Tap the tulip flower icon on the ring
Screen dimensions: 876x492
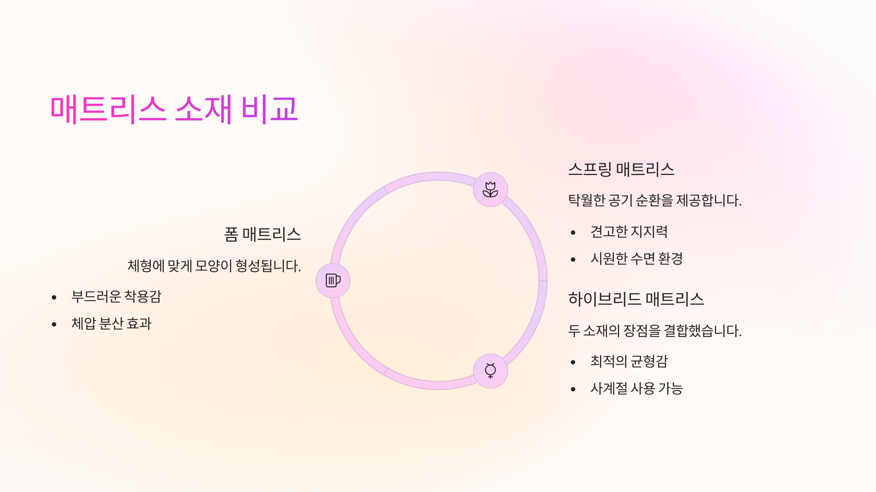click(x=490, y=190)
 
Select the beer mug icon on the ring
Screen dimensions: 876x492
click(x=333, y=280)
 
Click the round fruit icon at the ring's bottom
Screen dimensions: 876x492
click(x=490, y=371)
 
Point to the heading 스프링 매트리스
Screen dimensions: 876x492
click(x=621, y=169)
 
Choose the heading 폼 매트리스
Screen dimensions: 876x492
click(x=262, y=234)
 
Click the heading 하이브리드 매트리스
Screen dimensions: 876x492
click(x=636, y=299)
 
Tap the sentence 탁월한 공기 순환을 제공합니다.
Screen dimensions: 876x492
click(x=655, y=200)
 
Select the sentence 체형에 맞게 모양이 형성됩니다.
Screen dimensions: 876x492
click(x=214, y=266)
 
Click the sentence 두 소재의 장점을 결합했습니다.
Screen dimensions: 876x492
click(x=655, y=331)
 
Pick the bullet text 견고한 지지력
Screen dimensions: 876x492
click(x=629, y=232)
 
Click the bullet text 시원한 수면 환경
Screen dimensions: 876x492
click(x=637, y=259)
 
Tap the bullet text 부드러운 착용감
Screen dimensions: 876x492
click(x=116, y=297)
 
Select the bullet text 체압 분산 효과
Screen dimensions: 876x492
click(x=111, y=324)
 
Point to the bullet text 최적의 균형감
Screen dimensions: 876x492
click(x=629, y=362)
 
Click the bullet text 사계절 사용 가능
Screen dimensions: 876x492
click(x=637, y=388)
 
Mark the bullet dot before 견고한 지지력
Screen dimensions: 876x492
click(x=573, y=233)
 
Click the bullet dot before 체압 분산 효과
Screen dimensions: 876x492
click(x=54, y=324)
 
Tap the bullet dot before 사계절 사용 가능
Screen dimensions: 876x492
click(x=573, y=389)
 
